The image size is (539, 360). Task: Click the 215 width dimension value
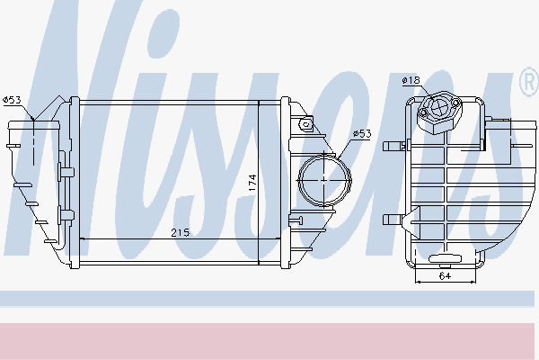(x=181, y=233)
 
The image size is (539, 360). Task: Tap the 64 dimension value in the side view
(x=446, y=276)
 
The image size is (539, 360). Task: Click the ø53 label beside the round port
(x=361, y=134)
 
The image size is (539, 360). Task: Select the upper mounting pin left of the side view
(x=391, y=145)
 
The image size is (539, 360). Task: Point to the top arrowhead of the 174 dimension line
(x=260, y=105)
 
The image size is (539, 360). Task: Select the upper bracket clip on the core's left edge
(x=65, y=169)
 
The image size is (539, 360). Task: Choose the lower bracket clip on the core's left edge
(x=65, y=214)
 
